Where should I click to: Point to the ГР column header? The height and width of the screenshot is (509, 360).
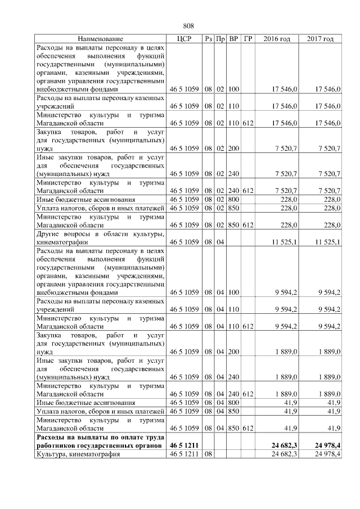pyautogui.click(x=248, y=39)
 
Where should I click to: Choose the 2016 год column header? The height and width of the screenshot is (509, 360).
pyautogui.click(x=277, y=39)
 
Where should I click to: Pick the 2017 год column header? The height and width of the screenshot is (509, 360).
pyautogui.click(x=321, y=39)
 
